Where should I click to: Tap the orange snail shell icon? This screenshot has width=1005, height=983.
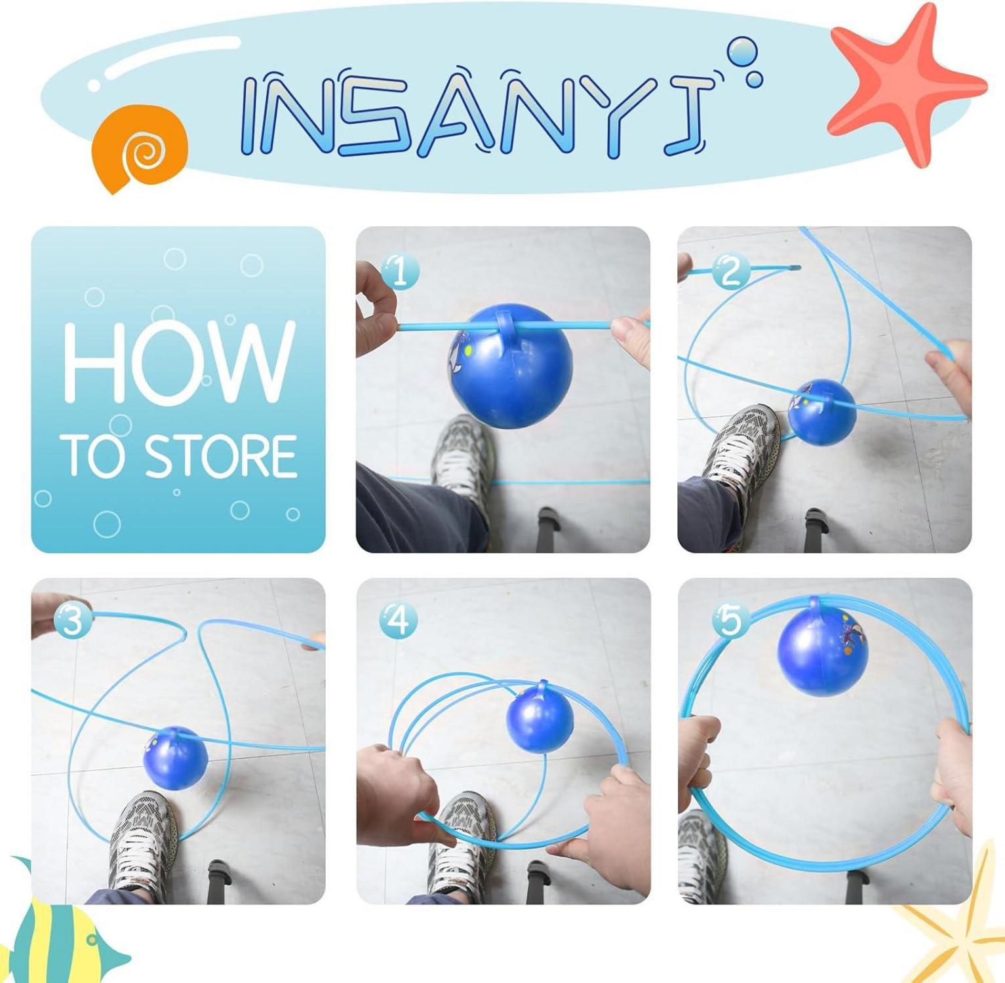[140, 148]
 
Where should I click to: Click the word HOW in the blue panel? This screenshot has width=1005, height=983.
[178, 362]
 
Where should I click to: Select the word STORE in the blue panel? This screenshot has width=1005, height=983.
[220, 455]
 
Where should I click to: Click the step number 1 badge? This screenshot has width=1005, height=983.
[400, 271]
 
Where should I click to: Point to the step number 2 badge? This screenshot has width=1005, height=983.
[730, 271]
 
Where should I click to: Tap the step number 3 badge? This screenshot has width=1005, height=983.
[73, 620]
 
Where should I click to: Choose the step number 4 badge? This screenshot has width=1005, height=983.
[398, 620]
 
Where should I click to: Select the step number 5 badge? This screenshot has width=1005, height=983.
[730, 620]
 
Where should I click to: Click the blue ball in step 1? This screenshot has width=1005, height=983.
[511, 367]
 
